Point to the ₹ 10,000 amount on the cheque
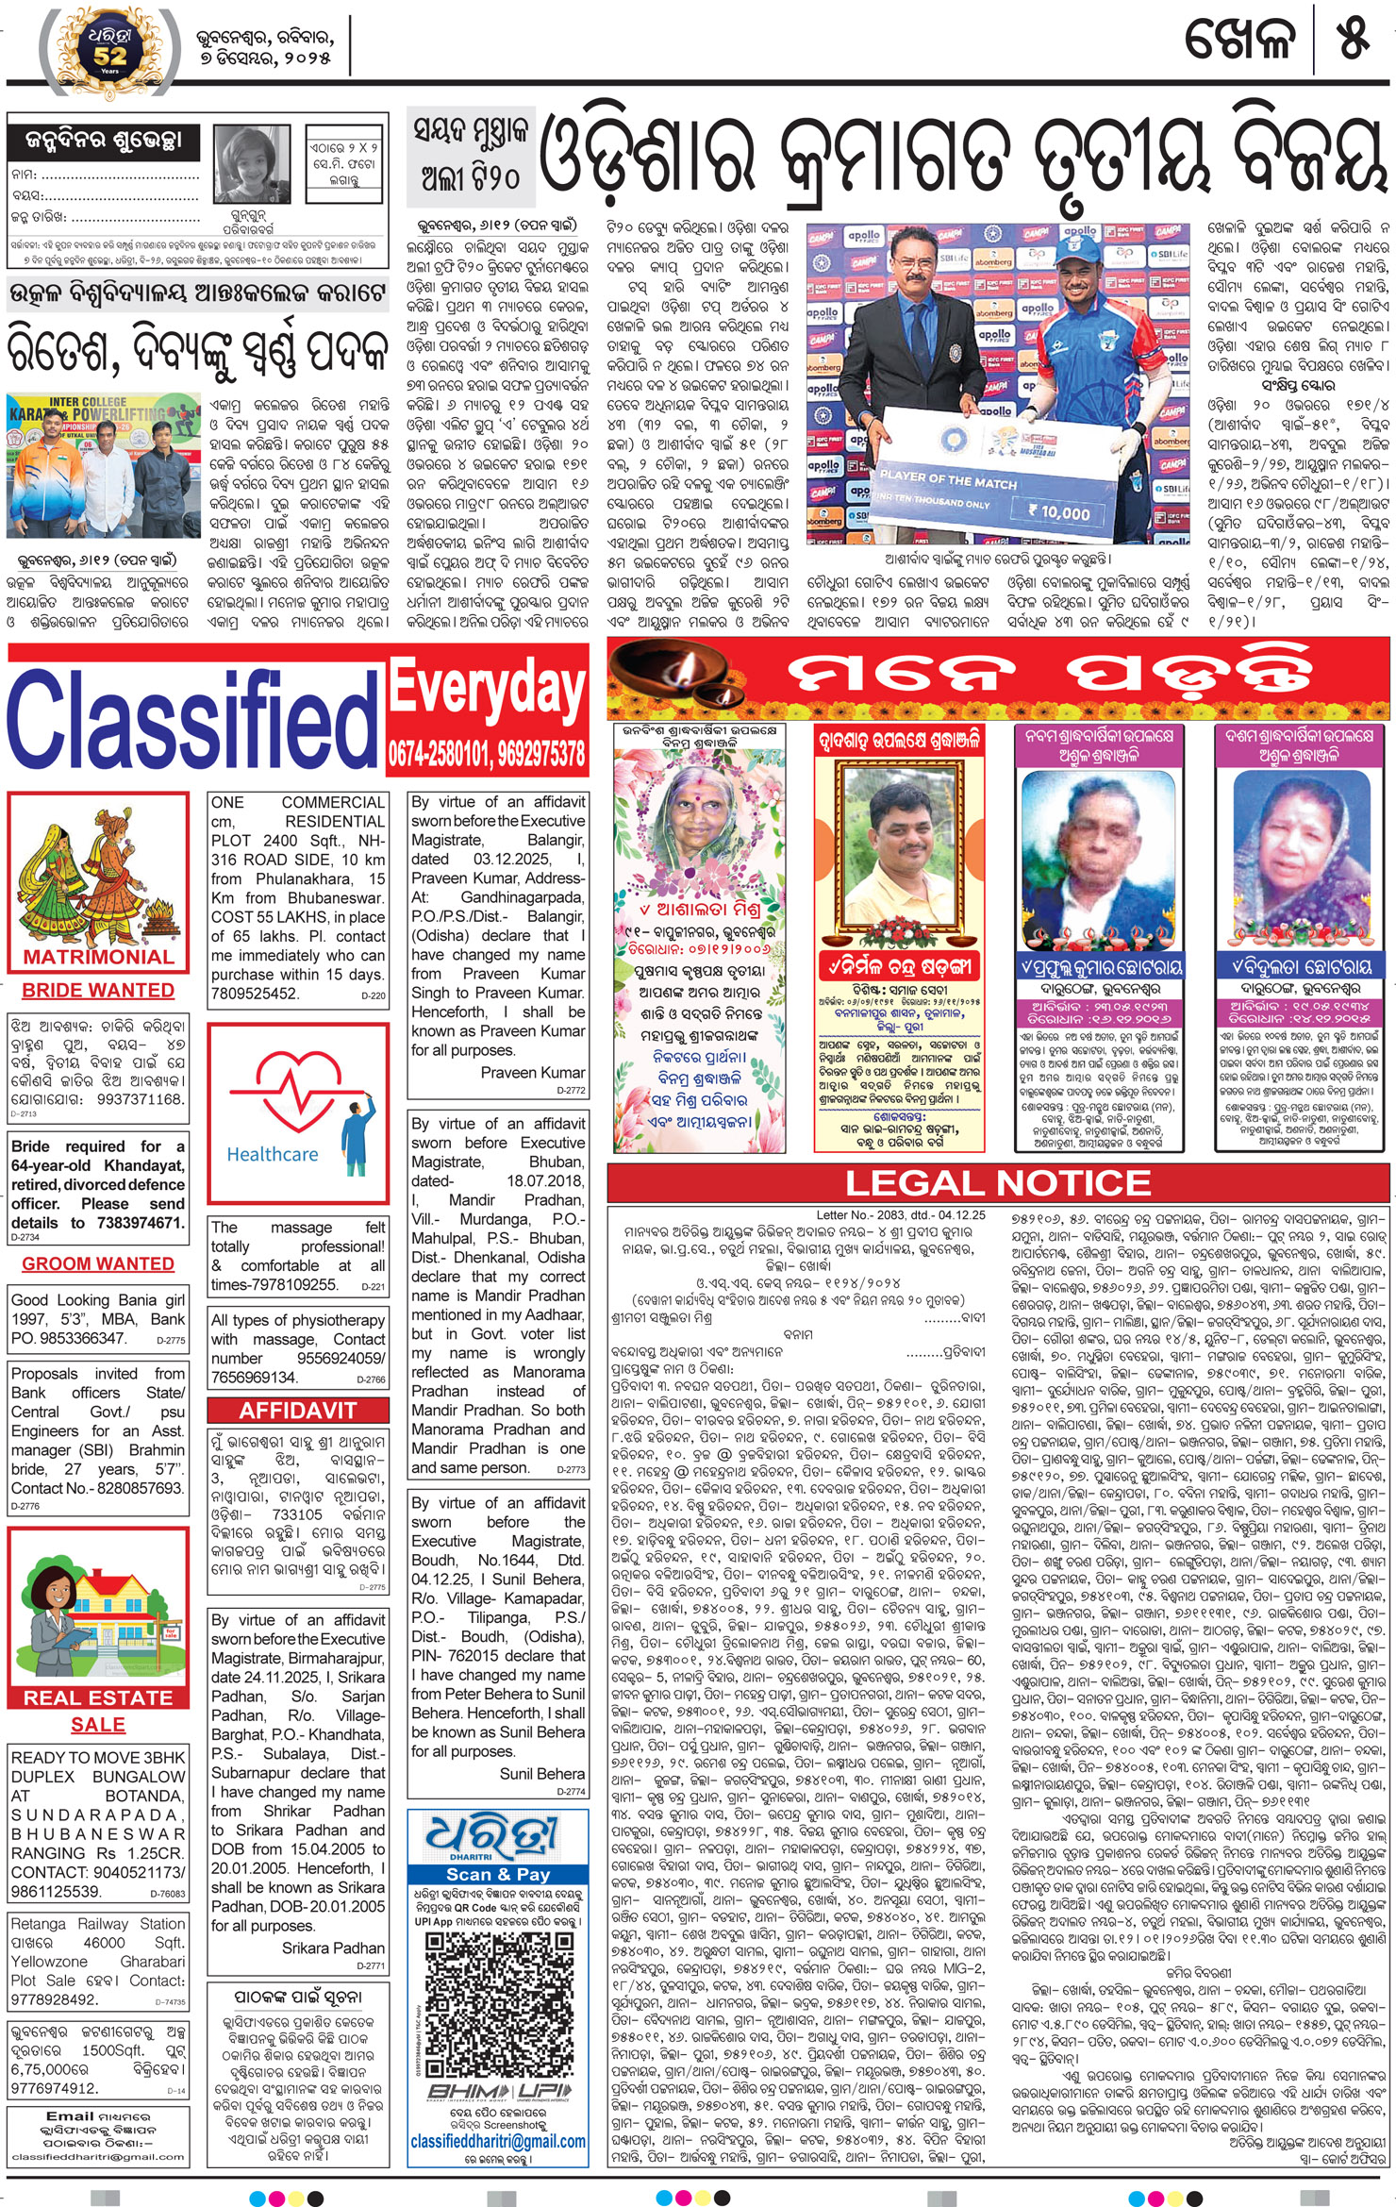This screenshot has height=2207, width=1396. pos(1058,512)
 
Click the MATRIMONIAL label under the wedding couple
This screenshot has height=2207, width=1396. pos(98,957)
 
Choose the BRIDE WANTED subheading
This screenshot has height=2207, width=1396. pos(98,990)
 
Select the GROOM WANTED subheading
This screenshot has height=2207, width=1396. pos(98,1263)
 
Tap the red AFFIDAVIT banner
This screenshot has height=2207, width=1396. pos(297,1411)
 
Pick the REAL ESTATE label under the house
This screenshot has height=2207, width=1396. pos(98,1697)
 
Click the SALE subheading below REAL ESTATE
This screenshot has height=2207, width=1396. pos(98,1725)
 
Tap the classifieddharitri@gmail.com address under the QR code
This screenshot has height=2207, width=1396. pos(498,2142)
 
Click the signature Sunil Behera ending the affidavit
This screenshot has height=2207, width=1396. pos(542,1774)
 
